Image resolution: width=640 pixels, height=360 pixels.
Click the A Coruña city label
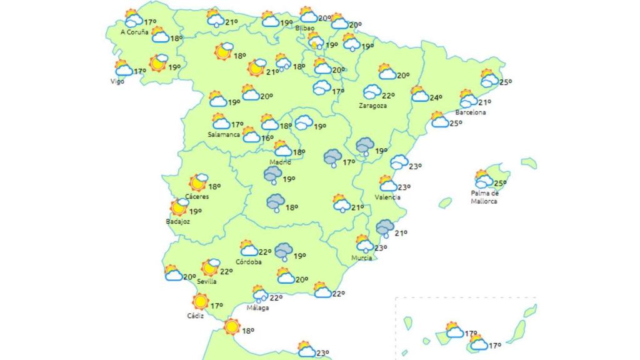click(x=134, y=31)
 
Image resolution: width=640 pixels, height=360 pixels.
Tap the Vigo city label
click(x=117, y=81)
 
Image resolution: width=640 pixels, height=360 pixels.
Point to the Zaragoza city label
click(x=372, y=106)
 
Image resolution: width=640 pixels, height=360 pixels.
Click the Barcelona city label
click(x=470, y=112)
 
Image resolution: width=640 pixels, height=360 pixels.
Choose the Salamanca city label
click(x=224, y=134)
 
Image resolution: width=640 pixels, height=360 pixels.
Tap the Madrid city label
click(x=280, y=162)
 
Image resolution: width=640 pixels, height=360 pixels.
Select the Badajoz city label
click(x=178, y=221)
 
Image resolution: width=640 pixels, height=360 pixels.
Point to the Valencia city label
click(x=387, y=197)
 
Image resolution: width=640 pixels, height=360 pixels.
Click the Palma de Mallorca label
click(x=485, y=197)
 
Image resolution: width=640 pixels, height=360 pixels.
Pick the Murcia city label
click(x=361, y=257)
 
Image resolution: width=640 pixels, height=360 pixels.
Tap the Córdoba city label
click(x=249, y=262)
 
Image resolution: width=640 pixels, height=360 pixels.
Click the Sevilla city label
click(x=206, y=281)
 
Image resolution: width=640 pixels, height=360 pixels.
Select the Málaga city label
click(x=257, y=307)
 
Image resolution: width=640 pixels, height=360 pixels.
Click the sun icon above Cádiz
click(x=200, y=302)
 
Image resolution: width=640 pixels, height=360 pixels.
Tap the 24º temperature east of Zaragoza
click(x=436, y=97)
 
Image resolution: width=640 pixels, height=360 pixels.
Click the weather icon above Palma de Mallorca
click(x=483, y=179)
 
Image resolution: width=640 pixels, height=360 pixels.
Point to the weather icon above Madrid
click(x=282, y=148)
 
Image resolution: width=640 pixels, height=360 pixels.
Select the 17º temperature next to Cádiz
click(x=216, y=306)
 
